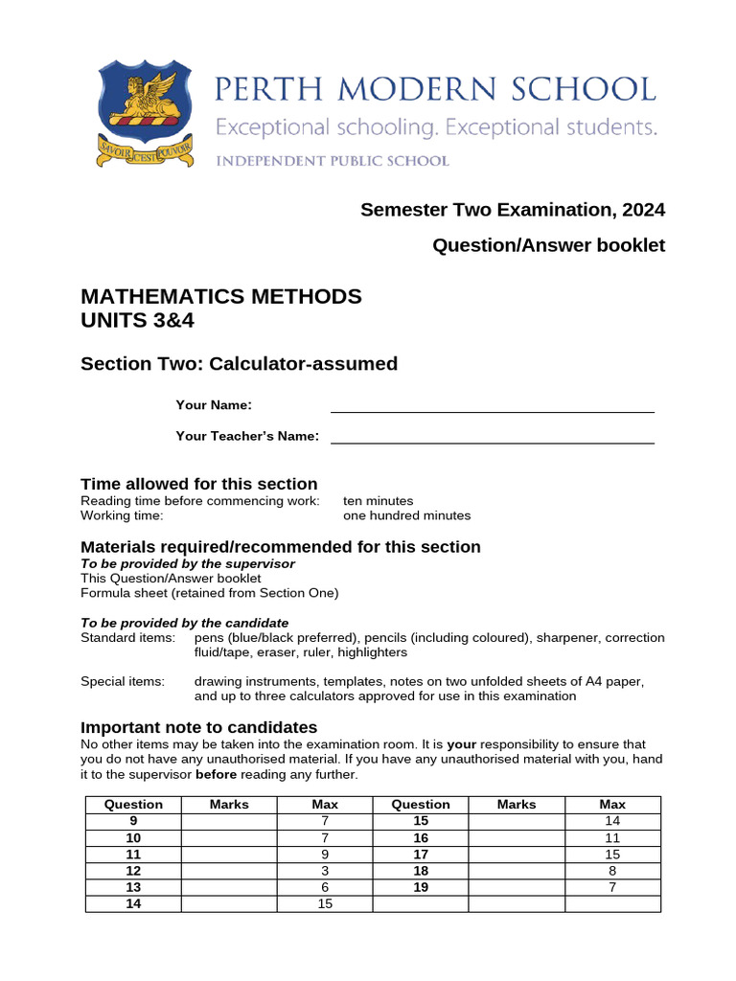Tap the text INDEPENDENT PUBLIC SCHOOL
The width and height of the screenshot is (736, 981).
(332, 161)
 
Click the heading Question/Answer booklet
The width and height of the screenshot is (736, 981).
(548, 245)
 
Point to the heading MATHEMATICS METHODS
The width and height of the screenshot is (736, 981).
(220, 296)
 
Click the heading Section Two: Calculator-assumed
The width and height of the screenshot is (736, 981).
(239, 364)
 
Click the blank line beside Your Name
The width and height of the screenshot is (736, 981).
(493, 406)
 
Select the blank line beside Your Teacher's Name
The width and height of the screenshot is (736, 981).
(493, 437)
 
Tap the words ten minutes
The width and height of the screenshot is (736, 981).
(378, 501)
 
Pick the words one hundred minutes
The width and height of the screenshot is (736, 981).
(406, 515)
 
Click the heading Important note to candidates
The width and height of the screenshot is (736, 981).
(198, 727)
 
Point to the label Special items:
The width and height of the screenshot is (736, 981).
(122, 681)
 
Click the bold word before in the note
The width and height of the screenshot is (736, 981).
(216, 774)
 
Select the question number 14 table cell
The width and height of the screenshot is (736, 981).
(133, 903)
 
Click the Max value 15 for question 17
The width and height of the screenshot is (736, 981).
(612, 855)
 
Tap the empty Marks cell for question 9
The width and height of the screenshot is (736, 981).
(229, 822)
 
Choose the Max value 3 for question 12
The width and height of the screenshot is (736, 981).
(325, 871)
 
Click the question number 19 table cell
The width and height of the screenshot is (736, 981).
(421, 887)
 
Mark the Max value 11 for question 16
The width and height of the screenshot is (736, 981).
(612, 838)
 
